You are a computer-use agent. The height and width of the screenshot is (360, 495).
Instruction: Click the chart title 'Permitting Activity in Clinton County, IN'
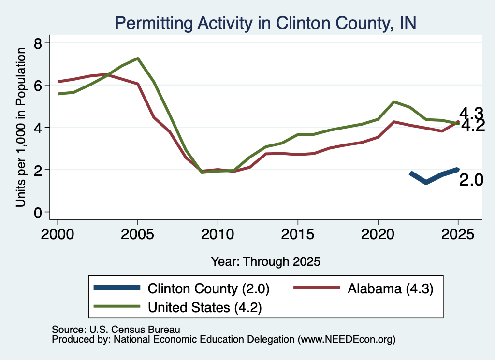tap(265, 23)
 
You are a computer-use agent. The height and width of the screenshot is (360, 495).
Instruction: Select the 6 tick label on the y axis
tap(38, 85)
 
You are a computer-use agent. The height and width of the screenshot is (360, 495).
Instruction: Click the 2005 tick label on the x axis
tap(137, 234)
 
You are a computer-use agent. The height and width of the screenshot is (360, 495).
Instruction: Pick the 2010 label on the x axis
tap(218, 234)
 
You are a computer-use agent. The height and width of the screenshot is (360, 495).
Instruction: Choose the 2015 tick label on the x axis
tap(298, 234)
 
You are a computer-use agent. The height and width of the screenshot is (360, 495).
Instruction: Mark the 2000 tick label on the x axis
tap(58, 234)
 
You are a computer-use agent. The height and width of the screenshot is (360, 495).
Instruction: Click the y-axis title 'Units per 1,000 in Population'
tap(21, 127)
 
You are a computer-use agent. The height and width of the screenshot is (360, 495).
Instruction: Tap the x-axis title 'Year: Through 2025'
tap(265, 261)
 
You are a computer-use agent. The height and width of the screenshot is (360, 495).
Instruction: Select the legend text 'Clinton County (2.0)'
tap(208, 288)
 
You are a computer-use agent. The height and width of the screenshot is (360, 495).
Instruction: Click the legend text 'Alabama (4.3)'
tap(390, 288)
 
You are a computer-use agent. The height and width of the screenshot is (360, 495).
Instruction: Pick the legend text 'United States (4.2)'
tap(205, 308)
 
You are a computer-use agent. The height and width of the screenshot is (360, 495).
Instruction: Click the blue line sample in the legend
tap(117, 288)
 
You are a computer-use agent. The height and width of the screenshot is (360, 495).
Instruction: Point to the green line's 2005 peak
tap(138, 58)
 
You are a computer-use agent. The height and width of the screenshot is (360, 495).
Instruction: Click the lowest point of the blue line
tap(426, 182)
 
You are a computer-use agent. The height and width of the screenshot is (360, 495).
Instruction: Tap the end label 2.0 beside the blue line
tap(471, 180)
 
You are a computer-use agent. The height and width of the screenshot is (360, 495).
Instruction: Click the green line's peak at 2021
tap(394, 102)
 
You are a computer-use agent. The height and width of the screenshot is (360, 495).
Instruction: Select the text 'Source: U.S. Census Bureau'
tap(116, 330)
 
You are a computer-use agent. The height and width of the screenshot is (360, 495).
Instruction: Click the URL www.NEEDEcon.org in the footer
tap(346, 340)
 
